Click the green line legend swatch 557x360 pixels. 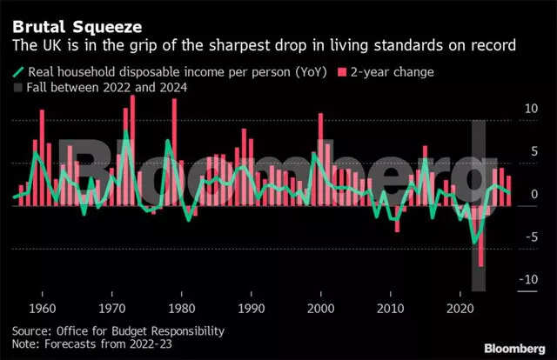click(19, 71)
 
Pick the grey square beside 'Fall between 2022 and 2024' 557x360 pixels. click(19, 87)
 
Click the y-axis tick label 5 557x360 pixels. click(533, 152)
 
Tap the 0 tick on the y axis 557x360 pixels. click(533, 195)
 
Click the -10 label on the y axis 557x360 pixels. click(527, 279)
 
